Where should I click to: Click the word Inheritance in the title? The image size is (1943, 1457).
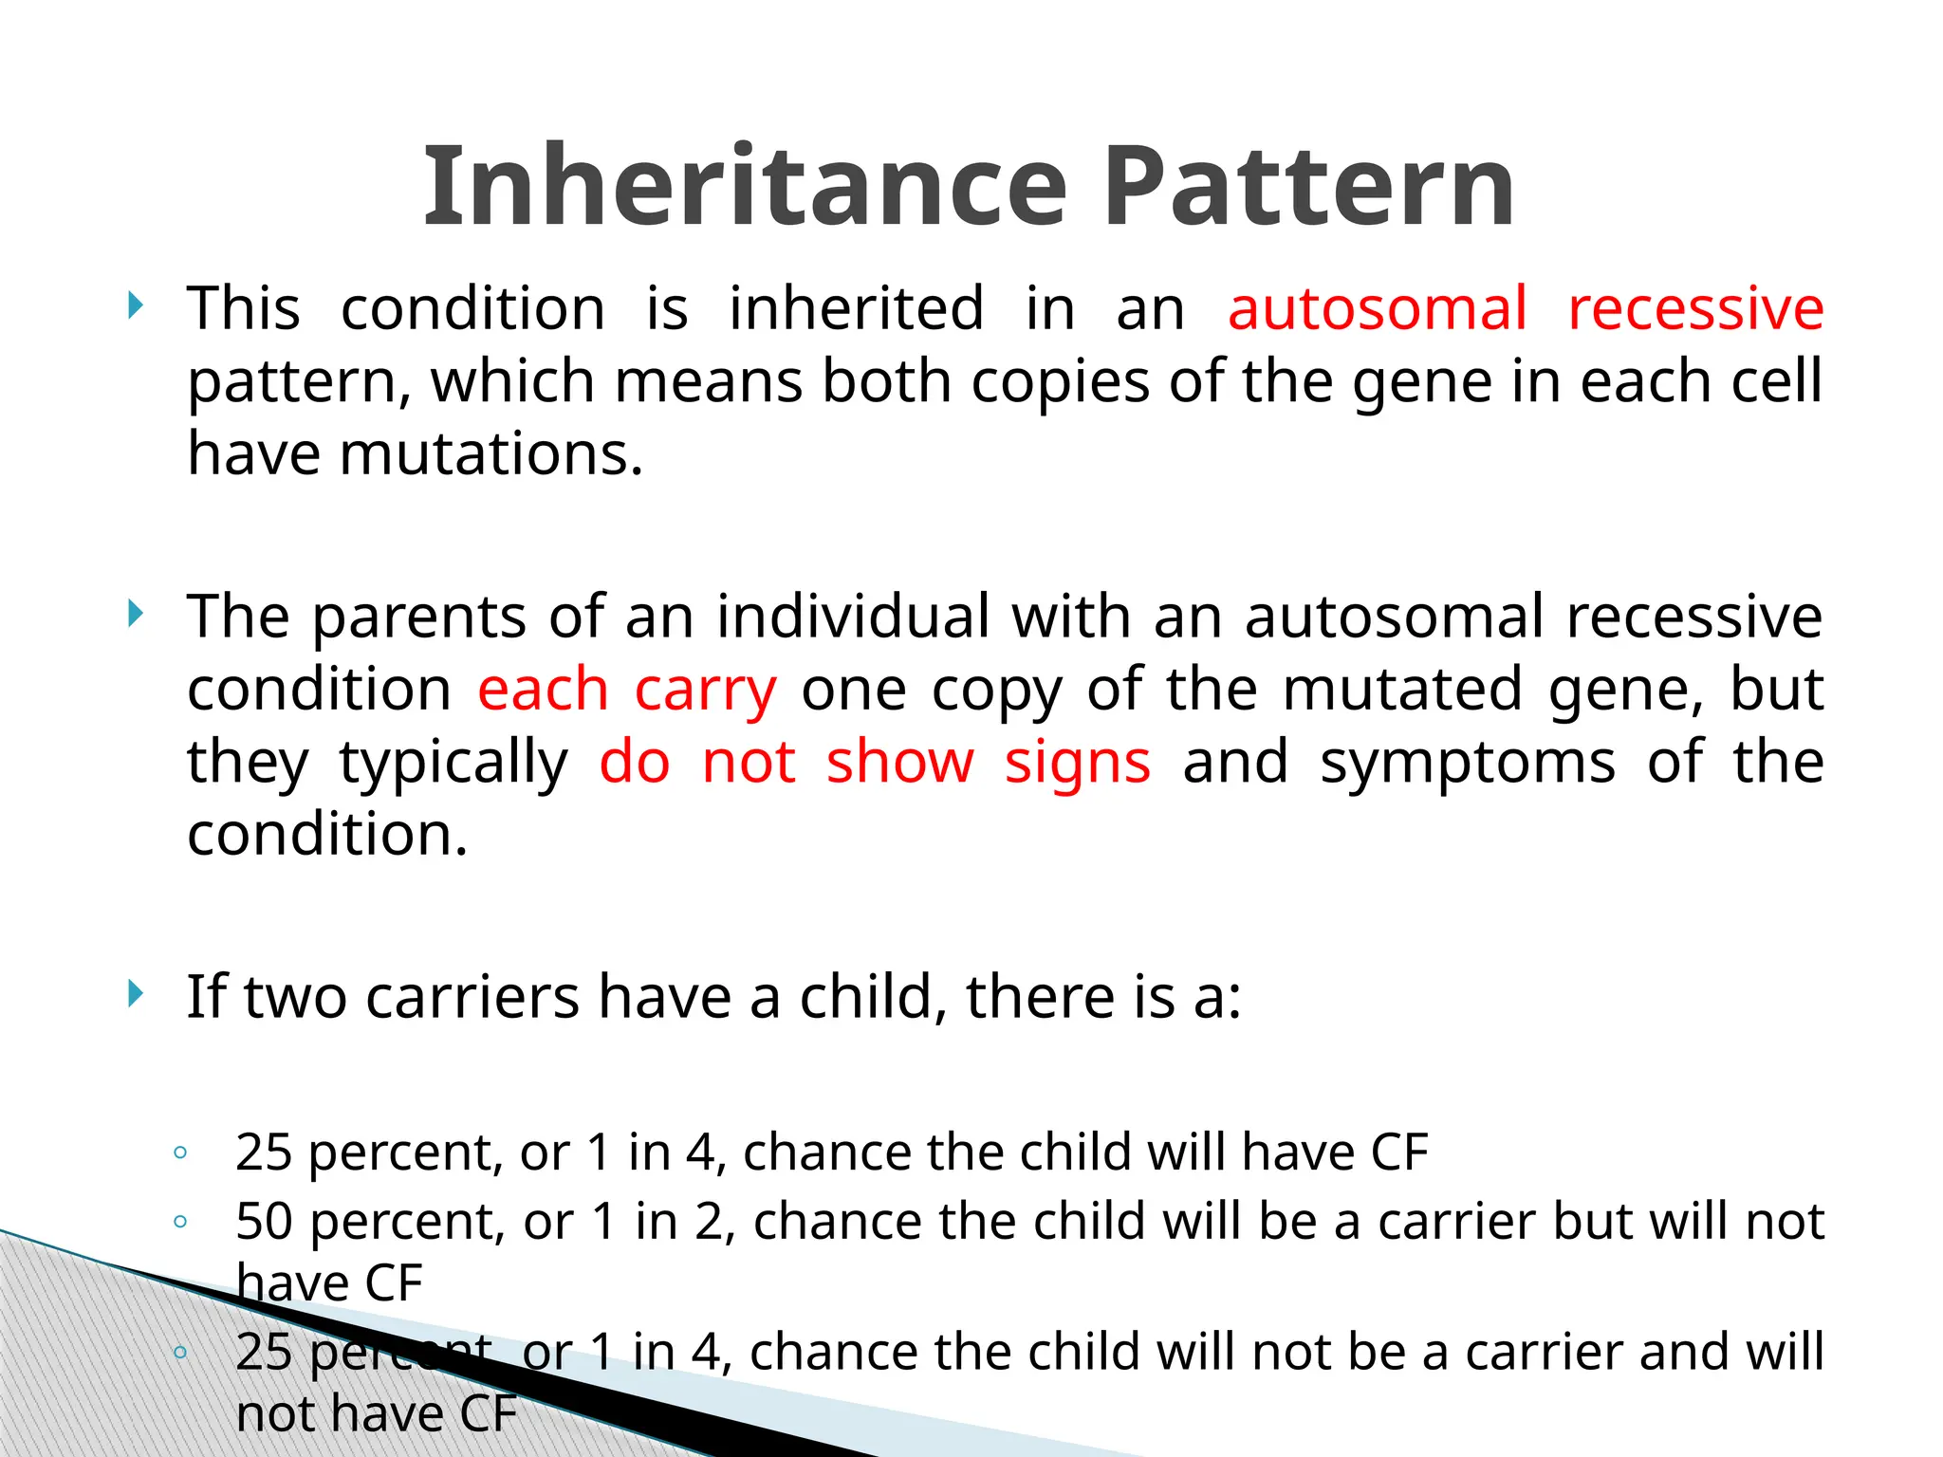(x=746, y=186)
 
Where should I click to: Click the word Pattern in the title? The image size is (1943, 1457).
(x=1309, y=186)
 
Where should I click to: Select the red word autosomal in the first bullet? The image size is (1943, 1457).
(x=1377, y=309)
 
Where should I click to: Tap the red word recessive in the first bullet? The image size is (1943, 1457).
(x=1695, y=309)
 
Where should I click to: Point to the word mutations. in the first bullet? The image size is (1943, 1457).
(x=491, y=453)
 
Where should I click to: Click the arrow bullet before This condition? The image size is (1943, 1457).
(x=137, y=305)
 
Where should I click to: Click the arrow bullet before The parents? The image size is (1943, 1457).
(x=137, y=614)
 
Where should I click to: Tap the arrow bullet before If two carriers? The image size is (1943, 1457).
(x=137, y=994)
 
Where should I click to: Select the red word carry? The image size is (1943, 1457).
(x=705, y=691)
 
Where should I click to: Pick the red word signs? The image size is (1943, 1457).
(x=1078, y=763)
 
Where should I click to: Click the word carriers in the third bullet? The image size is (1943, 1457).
(x=472, y=998)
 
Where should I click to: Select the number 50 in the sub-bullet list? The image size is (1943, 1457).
(x=264, y=1222)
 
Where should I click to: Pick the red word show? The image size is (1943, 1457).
(x=899, y=763)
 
